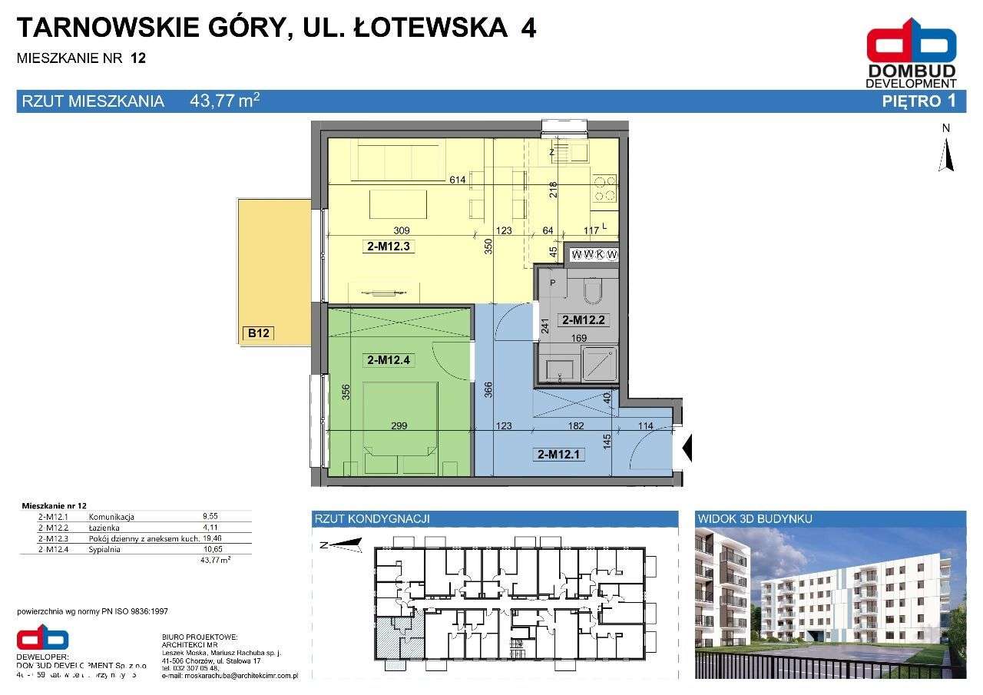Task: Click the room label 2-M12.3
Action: [388, 247]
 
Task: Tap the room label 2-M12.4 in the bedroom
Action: [388, 359]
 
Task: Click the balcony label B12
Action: [258, 333]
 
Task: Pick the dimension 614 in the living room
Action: [458, 180]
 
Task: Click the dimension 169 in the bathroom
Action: [578, 337]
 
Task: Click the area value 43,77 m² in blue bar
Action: [224, 101]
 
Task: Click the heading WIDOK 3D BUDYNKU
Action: [755, 519]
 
